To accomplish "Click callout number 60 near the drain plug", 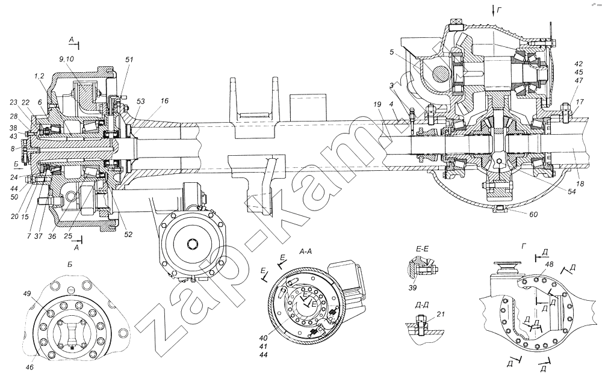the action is (x=533, y=214).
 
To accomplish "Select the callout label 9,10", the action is (x=66, y=59).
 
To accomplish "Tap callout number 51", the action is (x=129, y=60).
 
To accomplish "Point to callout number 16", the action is (x=165, y=101).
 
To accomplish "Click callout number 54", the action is (x=572, y=191).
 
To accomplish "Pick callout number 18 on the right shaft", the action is (x=580, y=184).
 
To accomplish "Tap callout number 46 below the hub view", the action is (x=29, y=367).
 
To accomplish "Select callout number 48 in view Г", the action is (x=549, y=264).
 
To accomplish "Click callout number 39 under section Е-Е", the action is (x=412, y=288).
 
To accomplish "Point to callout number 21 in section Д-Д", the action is (x=441, y=314).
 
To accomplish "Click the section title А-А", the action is (x=305, y=251).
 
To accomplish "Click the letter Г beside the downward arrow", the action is (x=500, y=11).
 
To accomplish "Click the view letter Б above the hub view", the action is (x=70, y=264).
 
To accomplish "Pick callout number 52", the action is (x=128, y=234).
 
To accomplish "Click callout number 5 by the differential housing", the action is (x=391, y=52).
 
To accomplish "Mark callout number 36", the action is (x=52, y=236).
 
